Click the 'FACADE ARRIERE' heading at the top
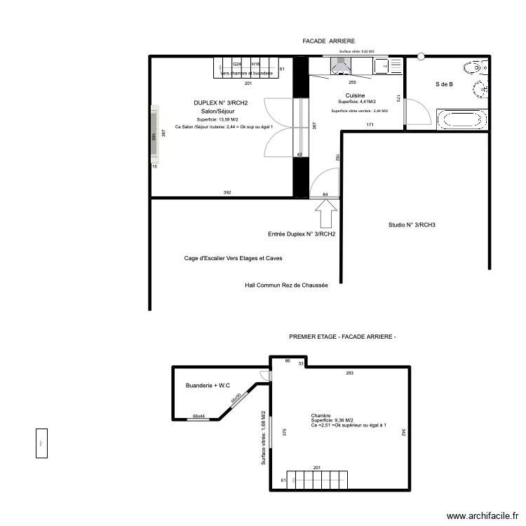tap(329, 41)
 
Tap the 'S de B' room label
tap(444, 84)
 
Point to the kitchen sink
tap(382, 66)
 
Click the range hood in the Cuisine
tap(340, 65)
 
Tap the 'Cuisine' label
tap(354, 95)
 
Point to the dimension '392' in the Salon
tap(227, 192)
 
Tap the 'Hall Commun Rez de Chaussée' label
tap(286, 285)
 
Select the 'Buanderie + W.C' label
tap(208, 386)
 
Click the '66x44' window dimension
tap(199, 416)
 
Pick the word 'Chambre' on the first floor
tap(321, 415)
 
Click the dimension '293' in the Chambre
tap(350, 372)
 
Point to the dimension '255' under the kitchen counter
tap(351, 83)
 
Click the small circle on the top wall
tap(421, 56)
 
